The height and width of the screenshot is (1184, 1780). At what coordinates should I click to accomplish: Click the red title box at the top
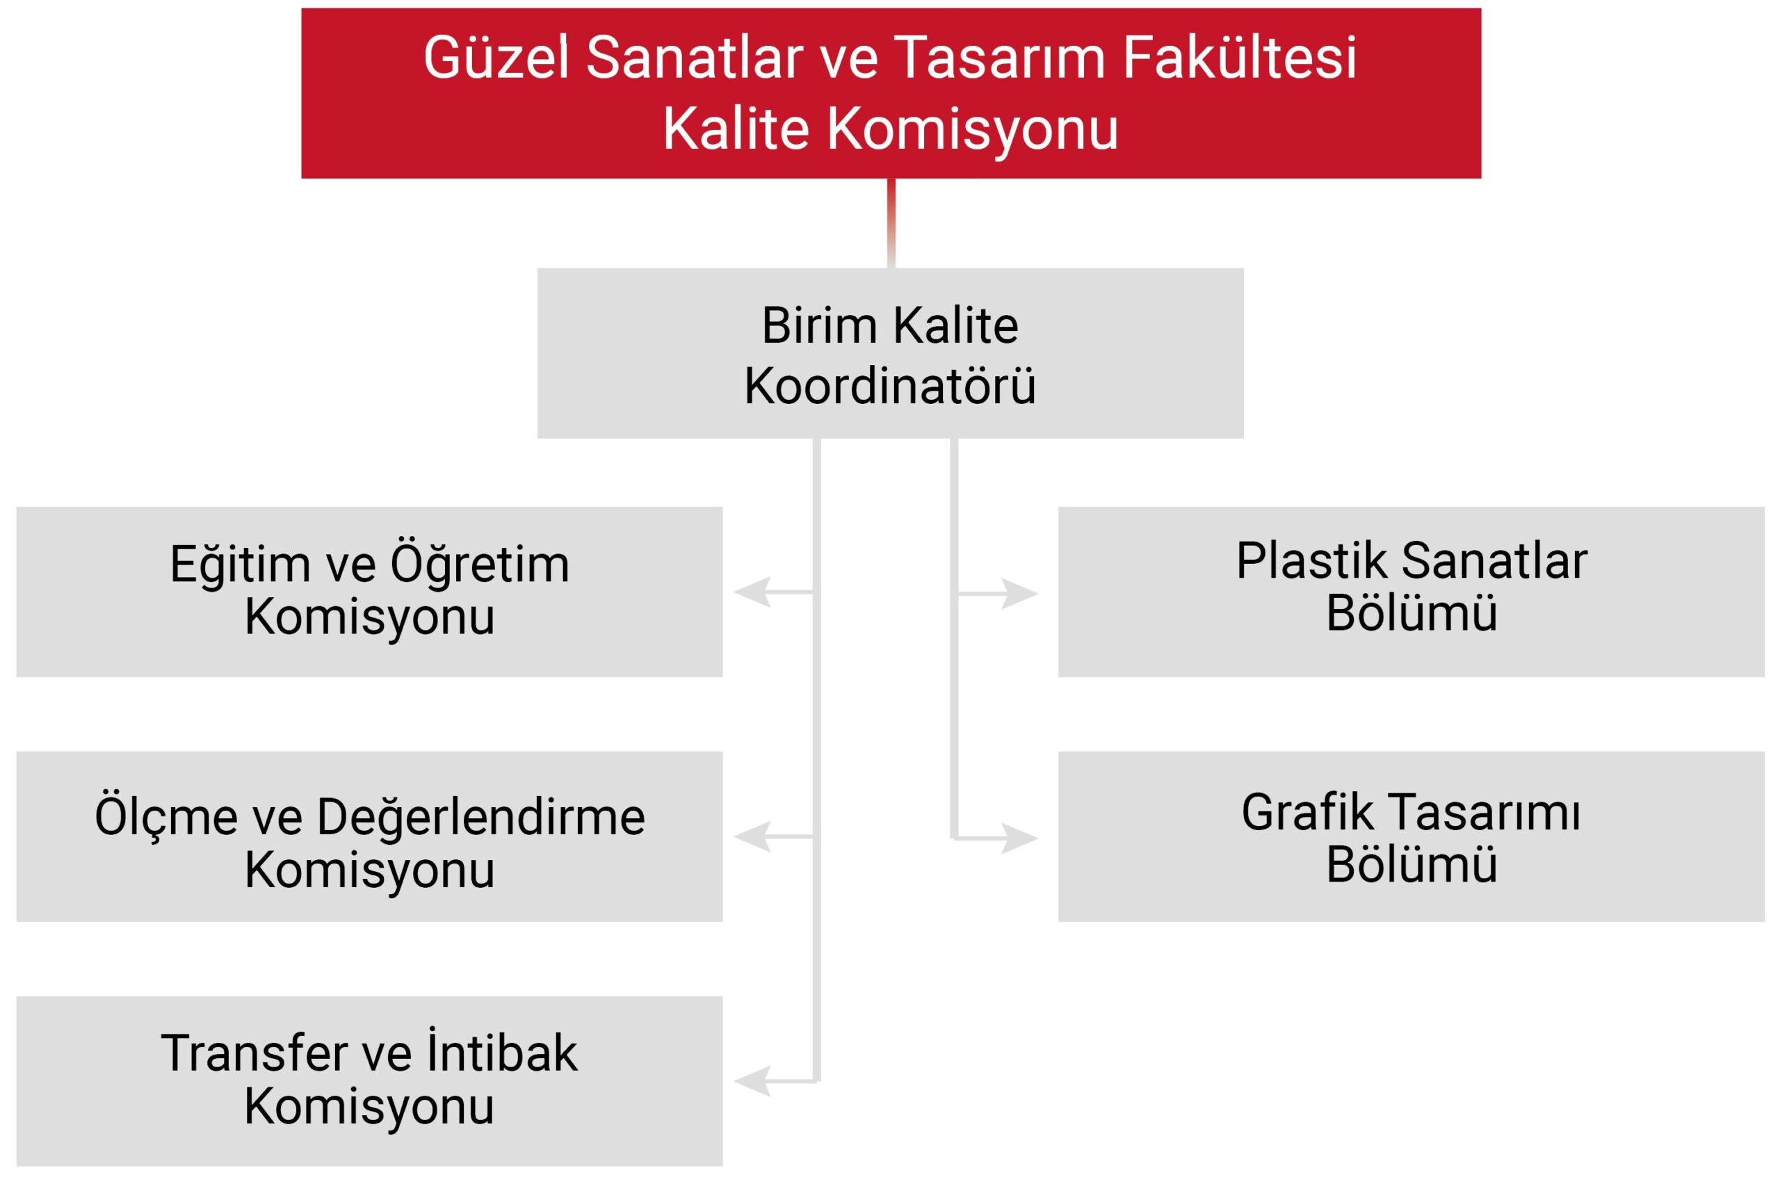[891, 94]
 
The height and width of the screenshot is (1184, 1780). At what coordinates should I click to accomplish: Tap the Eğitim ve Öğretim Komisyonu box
[369, 592]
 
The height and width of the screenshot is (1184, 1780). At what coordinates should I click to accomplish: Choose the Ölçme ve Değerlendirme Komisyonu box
[369, 836]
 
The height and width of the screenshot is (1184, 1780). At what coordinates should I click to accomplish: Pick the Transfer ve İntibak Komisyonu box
[369, 1081]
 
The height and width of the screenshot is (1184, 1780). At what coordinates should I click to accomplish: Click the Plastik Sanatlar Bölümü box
[1411, 592]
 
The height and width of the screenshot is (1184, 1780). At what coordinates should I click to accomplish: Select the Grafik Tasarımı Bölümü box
[1411, 836]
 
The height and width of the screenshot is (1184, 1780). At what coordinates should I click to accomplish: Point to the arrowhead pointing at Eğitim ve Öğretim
[752, 592]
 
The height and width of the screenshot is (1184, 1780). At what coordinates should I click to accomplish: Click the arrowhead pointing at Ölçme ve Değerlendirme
[752, 836]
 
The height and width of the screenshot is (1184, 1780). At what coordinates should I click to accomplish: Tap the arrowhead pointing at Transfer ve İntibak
[752, 1081]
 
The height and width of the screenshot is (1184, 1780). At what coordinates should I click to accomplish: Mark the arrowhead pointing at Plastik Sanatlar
[1020, 594]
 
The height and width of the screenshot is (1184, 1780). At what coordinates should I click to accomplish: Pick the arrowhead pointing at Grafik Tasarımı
[1020, 838]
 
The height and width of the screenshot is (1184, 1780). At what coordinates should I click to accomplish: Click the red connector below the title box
[891, 223]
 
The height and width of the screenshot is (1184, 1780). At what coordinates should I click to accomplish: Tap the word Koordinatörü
[889, 386]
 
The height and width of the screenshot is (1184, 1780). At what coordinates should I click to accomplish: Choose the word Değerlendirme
[481, 817]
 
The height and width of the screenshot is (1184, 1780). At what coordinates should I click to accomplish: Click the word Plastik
[1312, 561]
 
